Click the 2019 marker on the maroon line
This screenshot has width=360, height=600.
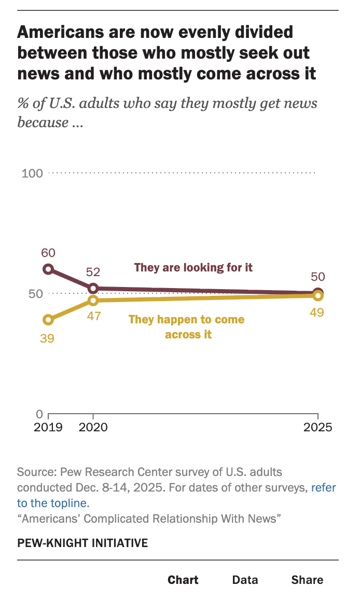[x=48, y=269]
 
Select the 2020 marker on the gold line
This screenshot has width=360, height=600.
[x=93, y=301]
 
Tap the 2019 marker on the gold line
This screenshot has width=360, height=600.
[x=48, y=320]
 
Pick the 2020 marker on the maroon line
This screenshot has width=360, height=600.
[x=93, y=289]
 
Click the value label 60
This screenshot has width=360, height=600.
[x=48, y=253]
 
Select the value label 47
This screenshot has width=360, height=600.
[x=93, y=316]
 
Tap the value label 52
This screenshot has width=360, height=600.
[x=93, y=272]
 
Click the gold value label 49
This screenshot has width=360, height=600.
[x=317, y=312]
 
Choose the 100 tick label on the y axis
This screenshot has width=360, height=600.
[x=32, y=173]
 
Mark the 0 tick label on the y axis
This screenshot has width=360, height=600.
[x=39, y=414]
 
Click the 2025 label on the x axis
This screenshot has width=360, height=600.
[x=317, y=428]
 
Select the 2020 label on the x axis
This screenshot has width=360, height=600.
[x=93, y=428]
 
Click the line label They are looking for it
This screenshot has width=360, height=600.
[x=193, y=268]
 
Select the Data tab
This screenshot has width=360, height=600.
[x=245, y=580]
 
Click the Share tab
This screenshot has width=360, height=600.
[x=307, y=580]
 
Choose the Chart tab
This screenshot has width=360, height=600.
[x=183, y=580]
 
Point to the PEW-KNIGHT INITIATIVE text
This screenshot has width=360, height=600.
[x=82, y=543]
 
